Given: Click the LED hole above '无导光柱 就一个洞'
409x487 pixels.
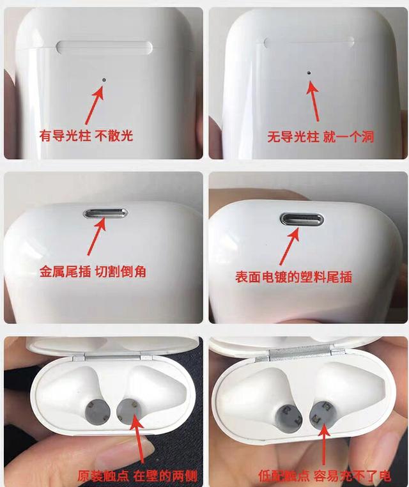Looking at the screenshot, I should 309,73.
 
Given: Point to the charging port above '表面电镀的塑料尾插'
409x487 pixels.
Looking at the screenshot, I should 302,220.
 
